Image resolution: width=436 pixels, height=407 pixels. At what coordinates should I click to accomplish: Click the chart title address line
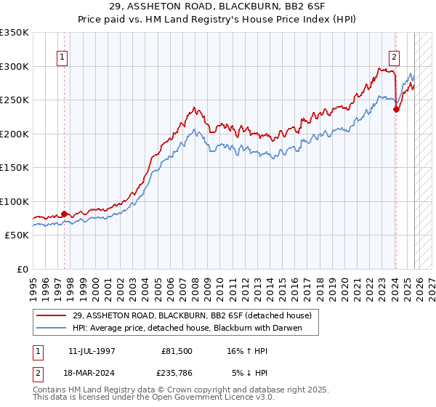click(x=218, y=6)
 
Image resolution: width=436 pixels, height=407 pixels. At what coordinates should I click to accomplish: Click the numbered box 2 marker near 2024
click(x=394, y=57)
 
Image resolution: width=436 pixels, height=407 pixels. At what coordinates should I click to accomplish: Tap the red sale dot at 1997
click(x=64, y=214)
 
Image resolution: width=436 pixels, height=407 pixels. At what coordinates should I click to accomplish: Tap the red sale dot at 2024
click(x=396, y=110)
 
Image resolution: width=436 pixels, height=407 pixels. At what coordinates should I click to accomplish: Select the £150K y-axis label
click(x=15, y=167)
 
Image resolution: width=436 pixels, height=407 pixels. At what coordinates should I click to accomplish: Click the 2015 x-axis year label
click(x=285, y=283)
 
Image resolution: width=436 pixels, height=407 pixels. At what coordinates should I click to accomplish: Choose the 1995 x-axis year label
click(x=33, y=283)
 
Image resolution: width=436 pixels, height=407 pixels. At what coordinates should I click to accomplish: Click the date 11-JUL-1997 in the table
click(x=92, y=350)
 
